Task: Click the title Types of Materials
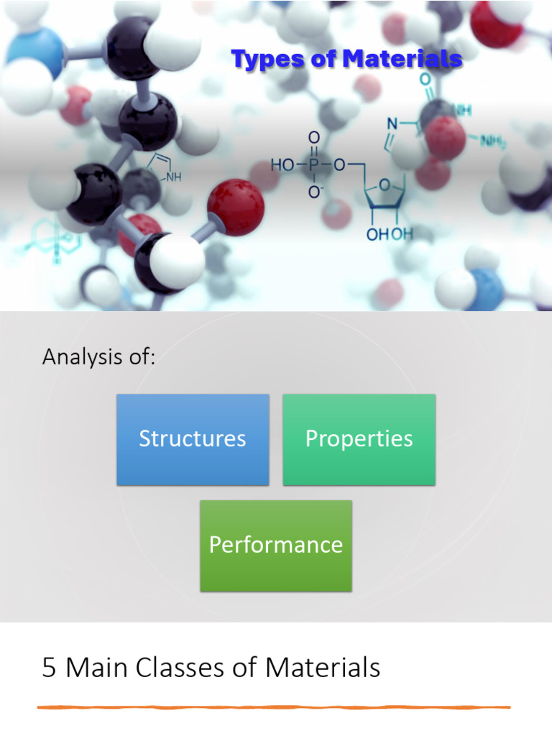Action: click(346, 60)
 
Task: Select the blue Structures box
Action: click(193, 439)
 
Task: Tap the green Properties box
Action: click(359, 439)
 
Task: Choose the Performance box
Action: click(276, 545)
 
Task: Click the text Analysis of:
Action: click(98, 356)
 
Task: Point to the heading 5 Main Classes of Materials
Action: click(211, 668)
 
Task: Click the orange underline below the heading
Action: click(273, 707)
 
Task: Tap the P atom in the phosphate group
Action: click(313, 165)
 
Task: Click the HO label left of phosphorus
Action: click(282, 165)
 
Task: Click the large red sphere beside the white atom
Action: click(236, 207)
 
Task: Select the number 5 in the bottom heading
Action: click(49, 668)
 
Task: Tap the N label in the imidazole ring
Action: click(392, 124)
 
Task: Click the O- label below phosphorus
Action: click(314, 193)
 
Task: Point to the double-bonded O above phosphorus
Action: click(313, 137)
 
